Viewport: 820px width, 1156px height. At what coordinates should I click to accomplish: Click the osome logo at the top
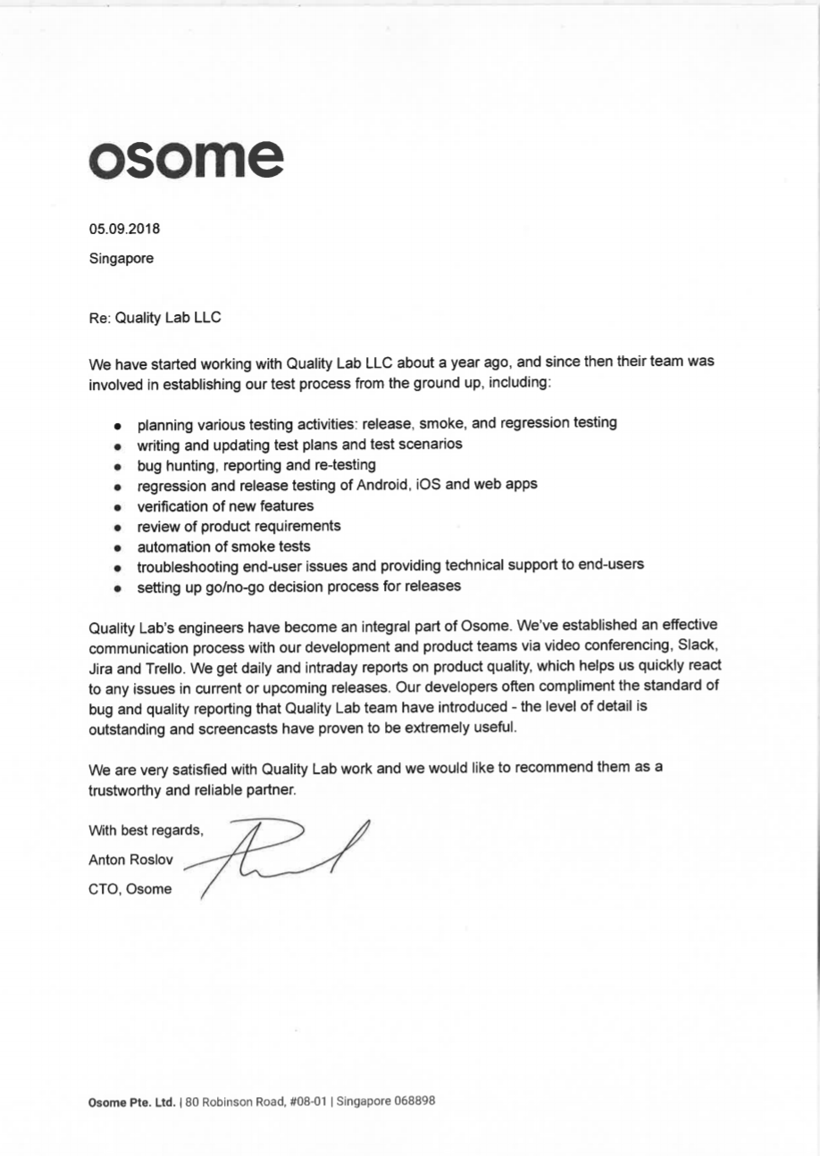186,158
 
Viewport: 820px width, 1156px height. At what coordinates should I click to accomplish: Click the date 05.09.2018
124,229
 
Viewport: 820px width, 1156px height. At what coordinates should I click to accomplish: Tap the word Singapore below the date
121,259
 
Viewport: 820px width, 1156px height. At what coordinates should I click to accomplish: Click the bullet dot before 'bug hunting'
117,467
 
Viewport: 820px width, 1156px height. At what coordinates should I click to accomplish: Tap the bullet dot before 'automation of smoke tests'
117,547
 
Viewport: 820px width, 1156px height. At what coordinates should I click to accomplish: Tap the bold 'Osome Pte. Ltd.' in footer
130,1102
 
